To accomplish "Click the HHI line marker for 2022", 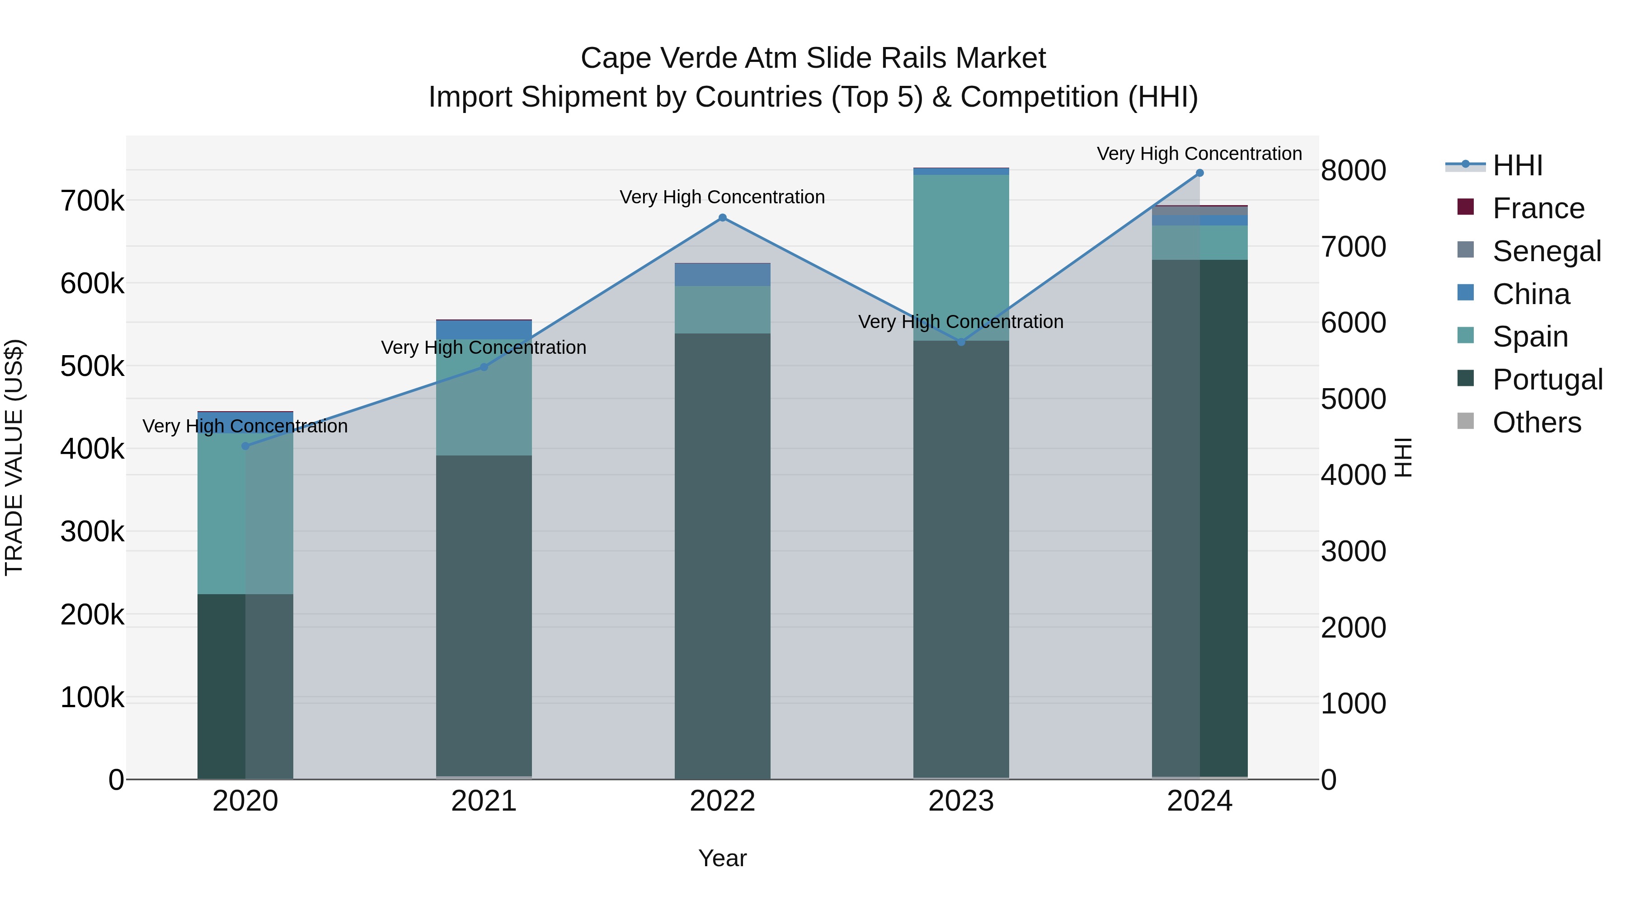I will coord(723,218).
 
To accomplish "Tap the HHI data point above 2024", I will coord(1199,173).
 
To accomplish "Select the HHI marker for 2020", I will coord(246,446).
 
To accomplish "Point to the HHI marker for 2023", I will coord(961,342).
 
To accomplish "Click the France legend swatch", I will coord(1465,207).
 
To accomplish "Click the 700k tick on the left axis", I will coord(92,202).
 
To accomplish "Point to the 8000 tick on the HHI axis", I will coord(1353,170).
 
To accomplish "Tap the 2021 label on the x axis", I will coord(484,801).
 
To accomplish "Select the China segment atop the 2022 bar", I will coord(723,275).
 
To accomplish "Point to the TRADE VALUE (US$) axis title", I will coord(14,457).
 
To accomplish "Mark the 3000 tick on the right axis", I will coord(1353,551).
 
